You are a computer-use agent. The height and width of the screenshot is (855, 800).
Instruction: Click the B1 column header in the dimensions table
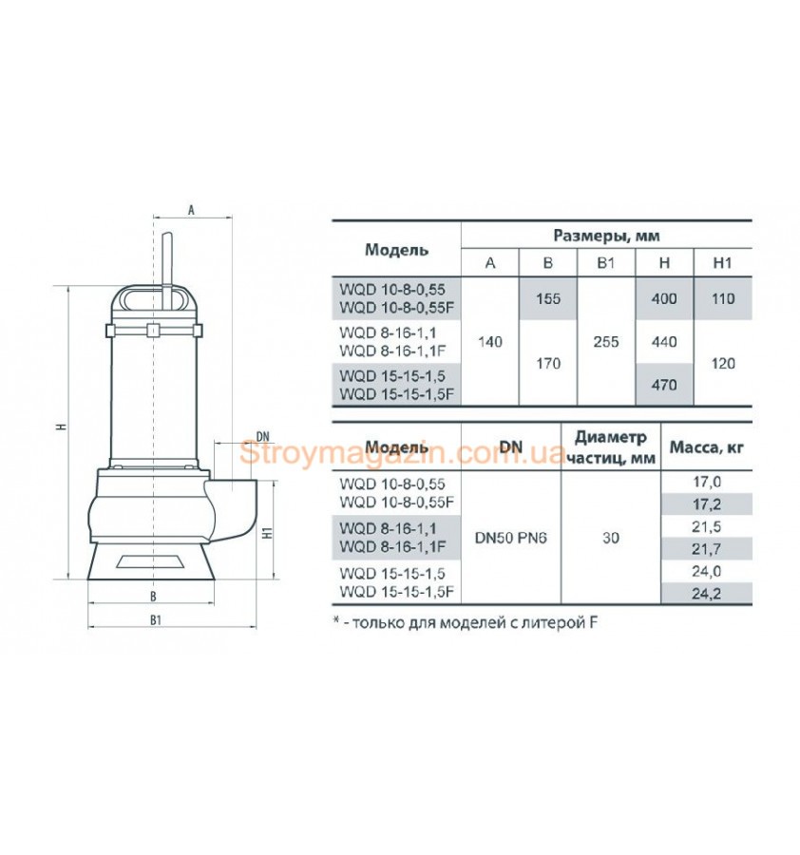(x=606, y=263)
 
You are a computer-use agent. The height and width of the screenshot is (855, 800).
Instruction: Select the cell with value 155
(x=548, y=298)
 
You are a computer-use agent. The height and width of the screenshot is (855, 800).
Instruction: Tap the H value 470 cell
(x=664, y=385)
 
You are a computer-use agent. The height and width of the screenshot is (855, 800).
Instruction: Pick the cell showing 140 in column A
(x=489, y=342)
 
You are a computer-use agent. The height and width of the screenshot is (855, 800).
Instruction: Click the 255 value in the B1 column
(x=606, y=342)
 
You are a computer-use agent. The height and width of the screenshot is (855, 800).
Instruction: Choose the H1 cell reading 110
(x=722, y=298)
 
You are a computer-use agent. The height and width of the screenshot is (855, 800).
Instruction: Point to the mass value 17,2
(x=706, y=504)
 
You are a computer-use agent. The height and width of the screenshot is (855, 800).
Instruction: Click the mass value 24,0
(x=706, y=571)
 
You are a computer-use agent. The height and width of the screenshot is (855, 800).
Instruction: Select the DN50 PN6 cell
(x=510, y=538)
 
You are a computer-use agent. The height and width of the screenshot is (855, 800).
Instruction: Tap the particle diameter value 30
(x=611, y=538)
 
